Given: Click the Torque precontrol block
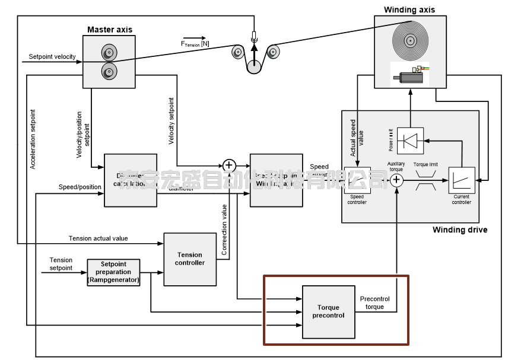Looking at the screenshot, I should point(328,311).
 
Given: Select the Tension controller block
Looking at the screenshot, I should point(189,259).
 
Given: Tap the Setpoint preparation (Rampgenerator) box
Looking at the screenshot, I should point(113,272).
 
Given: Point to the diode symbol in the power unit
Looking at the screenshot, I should point(409,141).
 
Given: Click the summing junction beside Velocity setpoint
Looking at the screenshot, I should point(228,165).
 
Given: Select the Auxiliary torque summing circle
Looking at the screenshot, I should point(397,180).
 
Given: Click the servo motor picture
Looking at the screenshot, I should point(409,75).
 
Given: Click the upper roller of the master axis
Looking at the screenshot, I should point(109,51).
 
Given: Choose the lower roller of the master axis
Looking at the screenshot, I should point(109,72).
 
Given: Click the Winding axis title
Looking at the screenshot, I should point(409,9).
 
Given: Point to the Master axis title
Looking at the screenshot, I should point(110,29).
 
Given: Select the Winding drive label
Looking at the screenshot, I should point(460,230).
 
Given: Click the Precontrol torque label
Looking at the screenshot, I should point(375,302).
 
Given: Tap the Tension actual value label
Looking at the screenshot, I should point(98,238).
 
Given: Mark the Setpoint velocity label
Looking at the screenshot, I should point(52,57).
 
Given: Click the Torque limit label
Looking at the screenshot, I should point(425,164).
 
